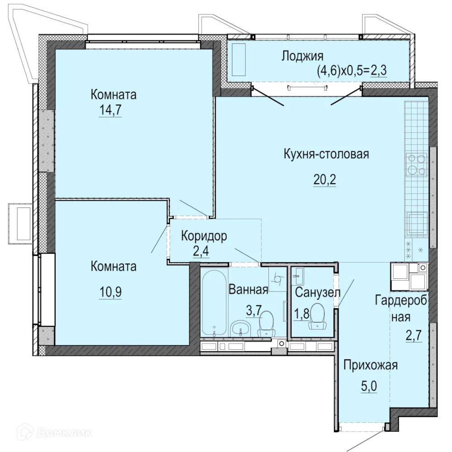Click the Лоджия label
coord(302,56)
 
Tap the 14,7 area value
coord(110,111)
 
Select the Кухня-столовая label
coord(326,154)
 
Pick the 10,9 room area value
coord(110,292)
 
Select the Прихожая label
coord(370,365)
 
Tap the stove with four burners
coord(416,164)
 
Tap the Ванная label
coord(249,289)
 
